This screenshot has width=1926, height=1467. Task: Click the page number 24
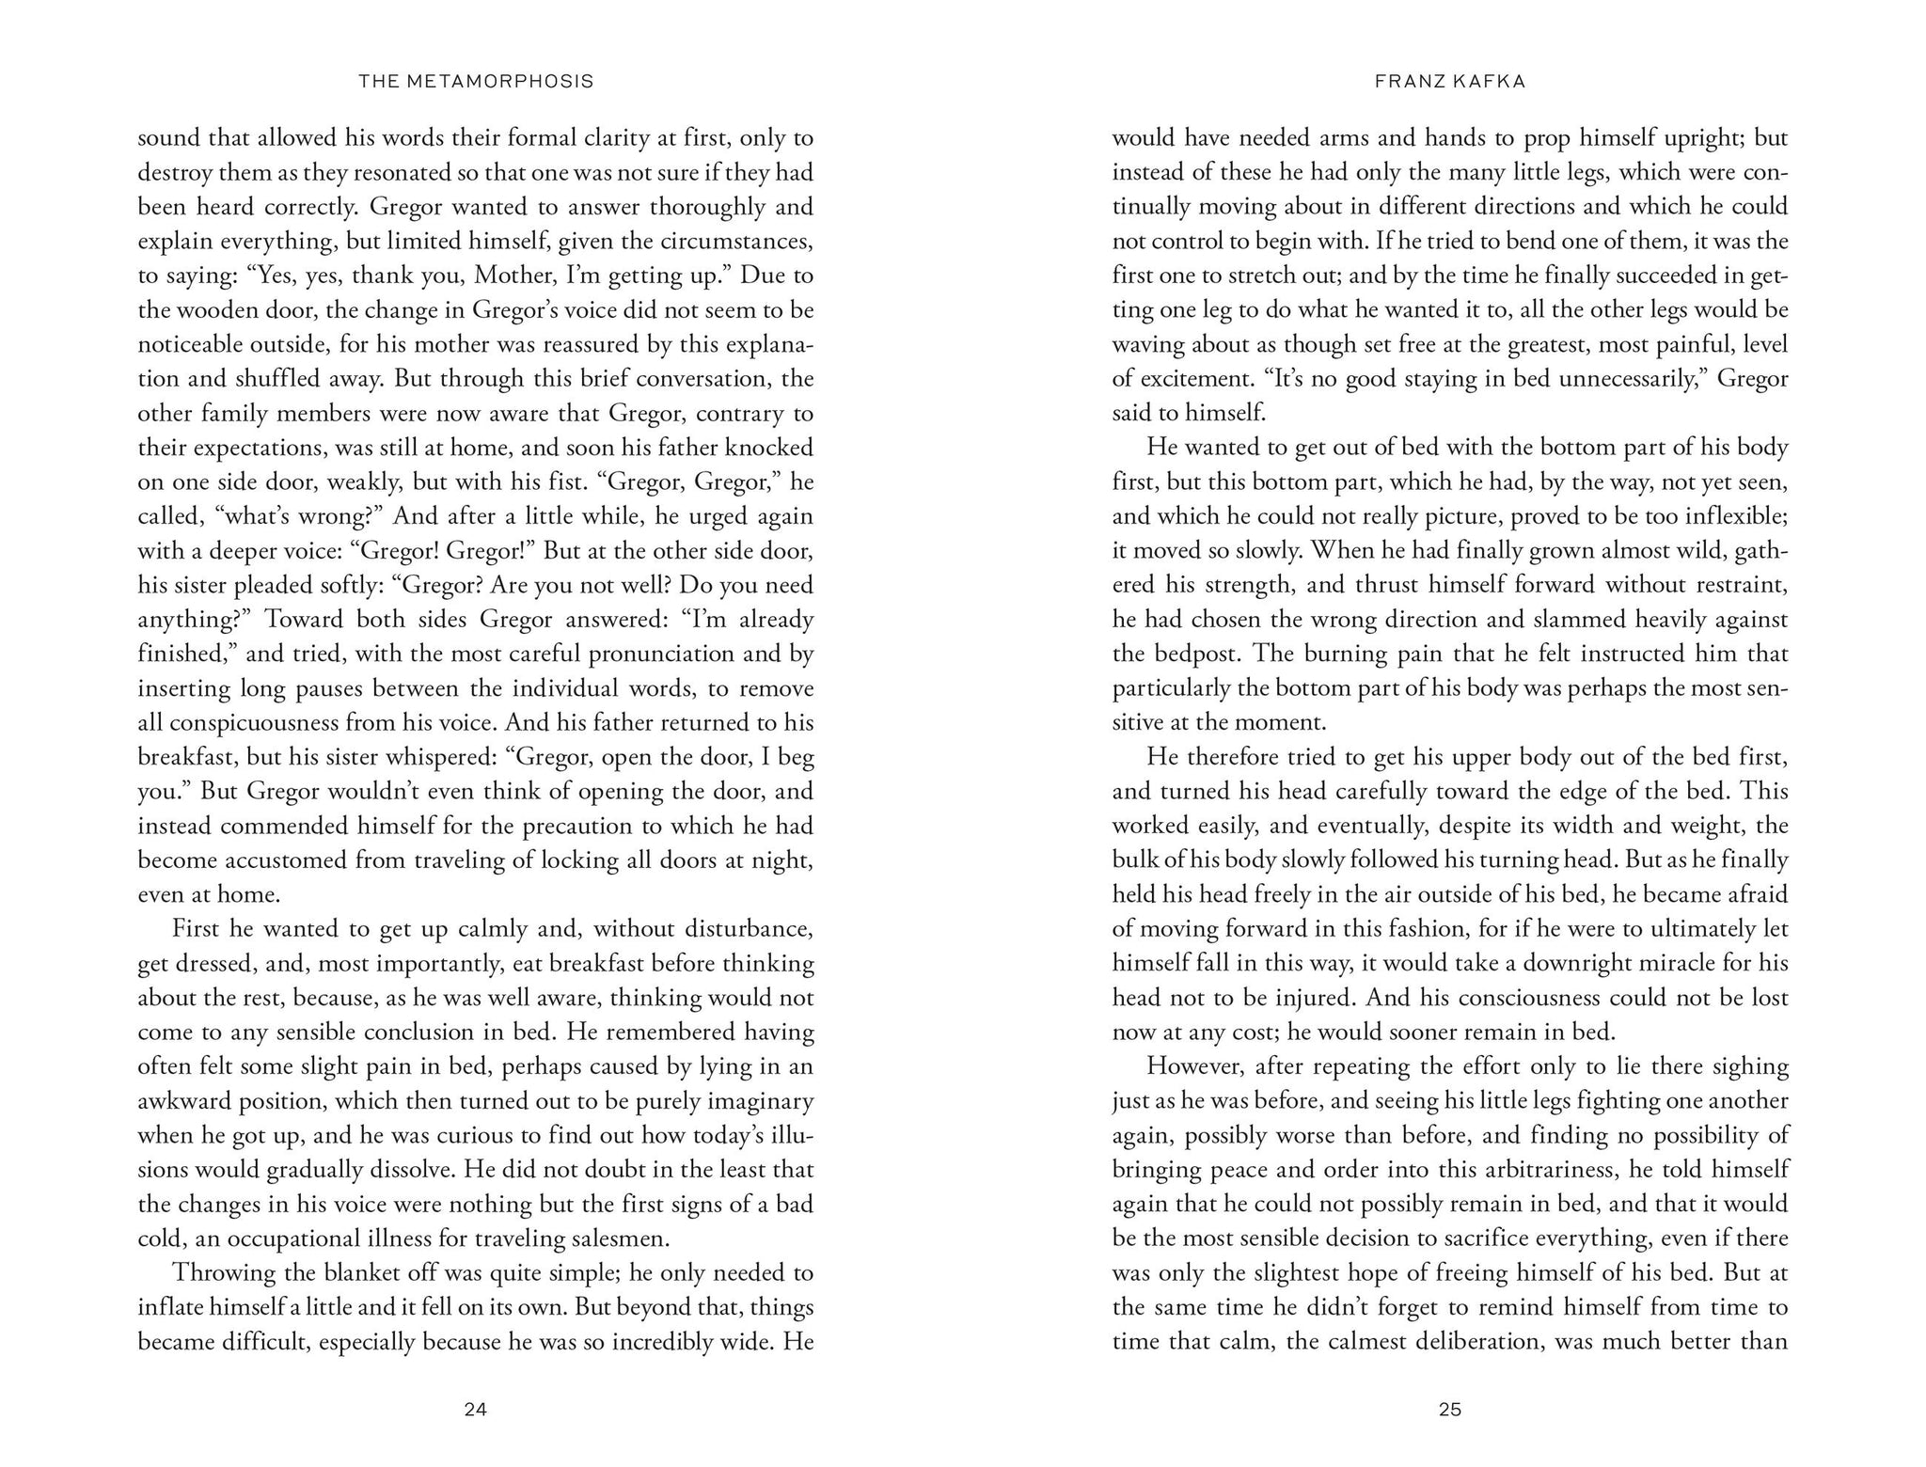(x=475, y=1409)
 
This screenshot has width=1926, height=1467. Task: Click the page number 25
(x=1449, y=1409)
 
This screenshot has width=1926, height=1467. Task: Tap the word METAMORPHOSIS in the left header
(x=501, y=82)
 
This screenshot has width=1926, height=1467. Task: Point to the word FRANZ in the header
(x=1404, y=82)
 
